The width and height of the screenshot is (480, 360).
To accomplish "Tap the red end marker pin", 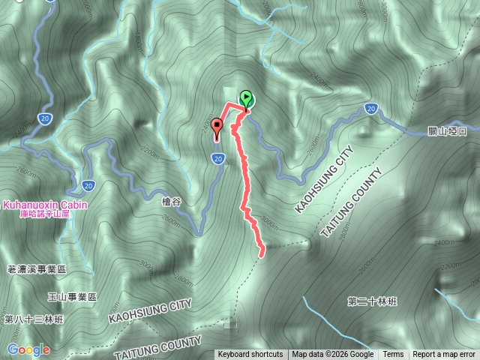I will point(217,127).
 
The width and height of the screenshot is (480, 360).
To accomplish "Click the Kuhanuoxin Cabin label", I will point(46,204).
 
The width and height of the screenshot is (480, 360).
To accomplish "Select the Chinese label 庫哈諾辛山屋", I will point(47,214).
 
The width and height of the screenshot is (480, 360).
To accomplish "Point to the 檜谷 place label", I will point(172,200).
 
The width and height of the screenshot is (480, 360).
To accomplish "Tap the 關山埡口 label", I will point(451,130).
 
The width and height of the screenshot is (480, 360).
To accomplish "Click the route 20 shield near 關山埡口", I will point(370,109).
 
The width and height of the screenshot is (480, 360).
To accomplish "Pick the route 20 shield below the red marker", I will point(217,157).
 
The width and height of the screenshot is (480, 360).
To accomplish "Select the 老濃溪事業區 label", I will point(36,268).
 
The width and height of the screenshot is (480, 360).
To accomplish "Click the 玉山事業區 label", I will point(73,297).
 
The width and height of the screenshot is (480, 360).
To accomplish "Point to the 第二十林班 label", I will point(372,301).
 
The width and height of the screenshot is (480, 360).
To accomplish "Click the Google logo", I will point(29,349).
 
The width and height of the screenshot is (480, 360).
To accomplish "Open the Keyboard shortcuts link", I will point(250,355).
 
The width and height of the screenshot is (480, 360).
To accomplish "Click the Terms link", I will point(393,355).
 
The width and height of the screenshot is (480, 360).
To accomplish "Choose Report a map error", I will point(445,355).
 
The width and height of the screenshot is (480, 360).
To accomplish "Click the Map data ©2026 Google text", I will point(332,355).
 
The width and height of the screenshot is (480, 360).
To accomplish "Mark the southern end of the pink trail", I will point(262,255).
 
